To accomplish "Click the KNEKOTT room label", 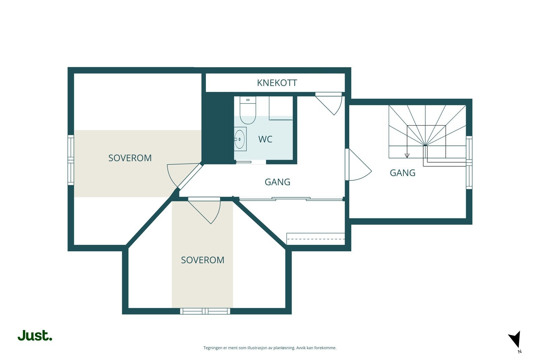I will tap(277, 83).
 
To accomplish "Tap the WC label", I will tap(265, 139).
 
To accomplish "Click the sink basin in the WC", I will tap(240, 139).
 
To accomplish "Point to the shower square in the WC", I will tap(281, 107).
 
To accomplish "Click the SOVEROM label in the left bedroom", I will tap(130, 158).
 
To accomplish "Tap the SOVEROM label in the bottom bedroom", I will tap(202, 260).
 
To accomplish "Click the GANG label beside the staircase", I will tap(402, 173).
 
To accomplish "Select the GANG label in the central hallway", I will tap(277, 182).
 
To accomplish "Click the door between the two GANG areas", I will tap(358, 165).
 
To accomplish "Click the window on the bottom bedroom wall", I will tap(205, 311).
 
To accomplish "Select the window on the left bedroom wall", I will tap(71, 160).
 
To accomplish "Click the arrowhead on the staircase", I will tap(407, 156).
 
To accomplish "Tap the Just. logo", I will tap(35, 335).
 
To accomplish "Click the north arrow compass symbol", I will tap(515, 339).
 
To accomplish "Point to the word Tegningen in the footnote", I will tap(213, 348).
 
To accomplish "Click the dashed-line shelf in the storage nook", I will tap(316, 239).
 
